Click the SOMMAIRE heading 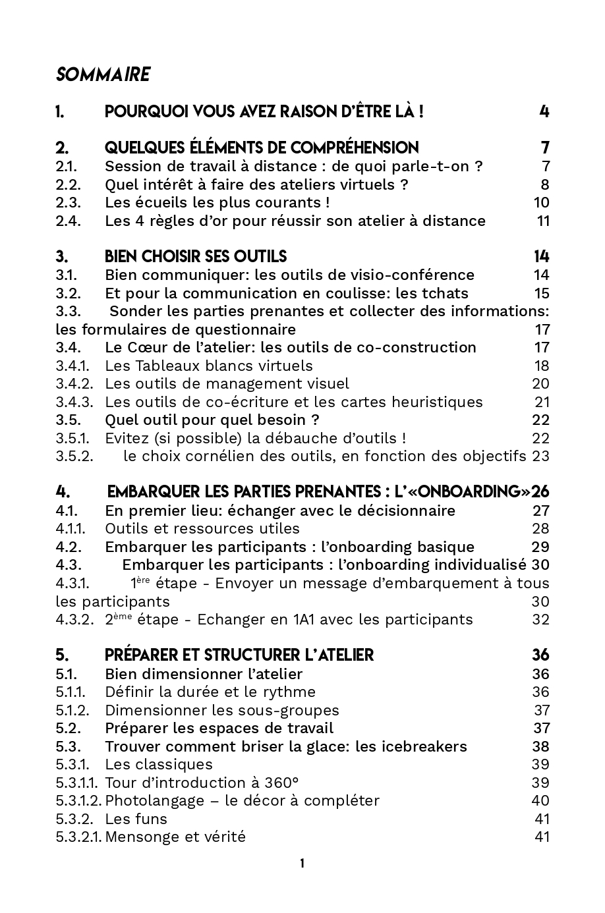click(103, 74)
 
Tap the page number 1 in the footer click(302, 864)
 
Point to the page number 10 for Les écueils click(541, 202)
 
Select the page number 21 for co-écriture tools click(542, 402)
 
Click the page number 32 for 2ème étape click(540, 619)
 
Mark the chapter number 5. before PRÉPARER click(62, 655)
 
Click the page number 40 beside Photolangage click(540, 801)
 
